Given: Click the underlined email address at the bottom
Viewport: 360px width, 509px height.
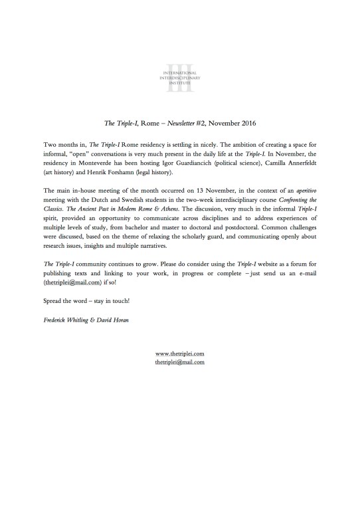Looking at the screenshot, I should (x=179, y=363).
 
